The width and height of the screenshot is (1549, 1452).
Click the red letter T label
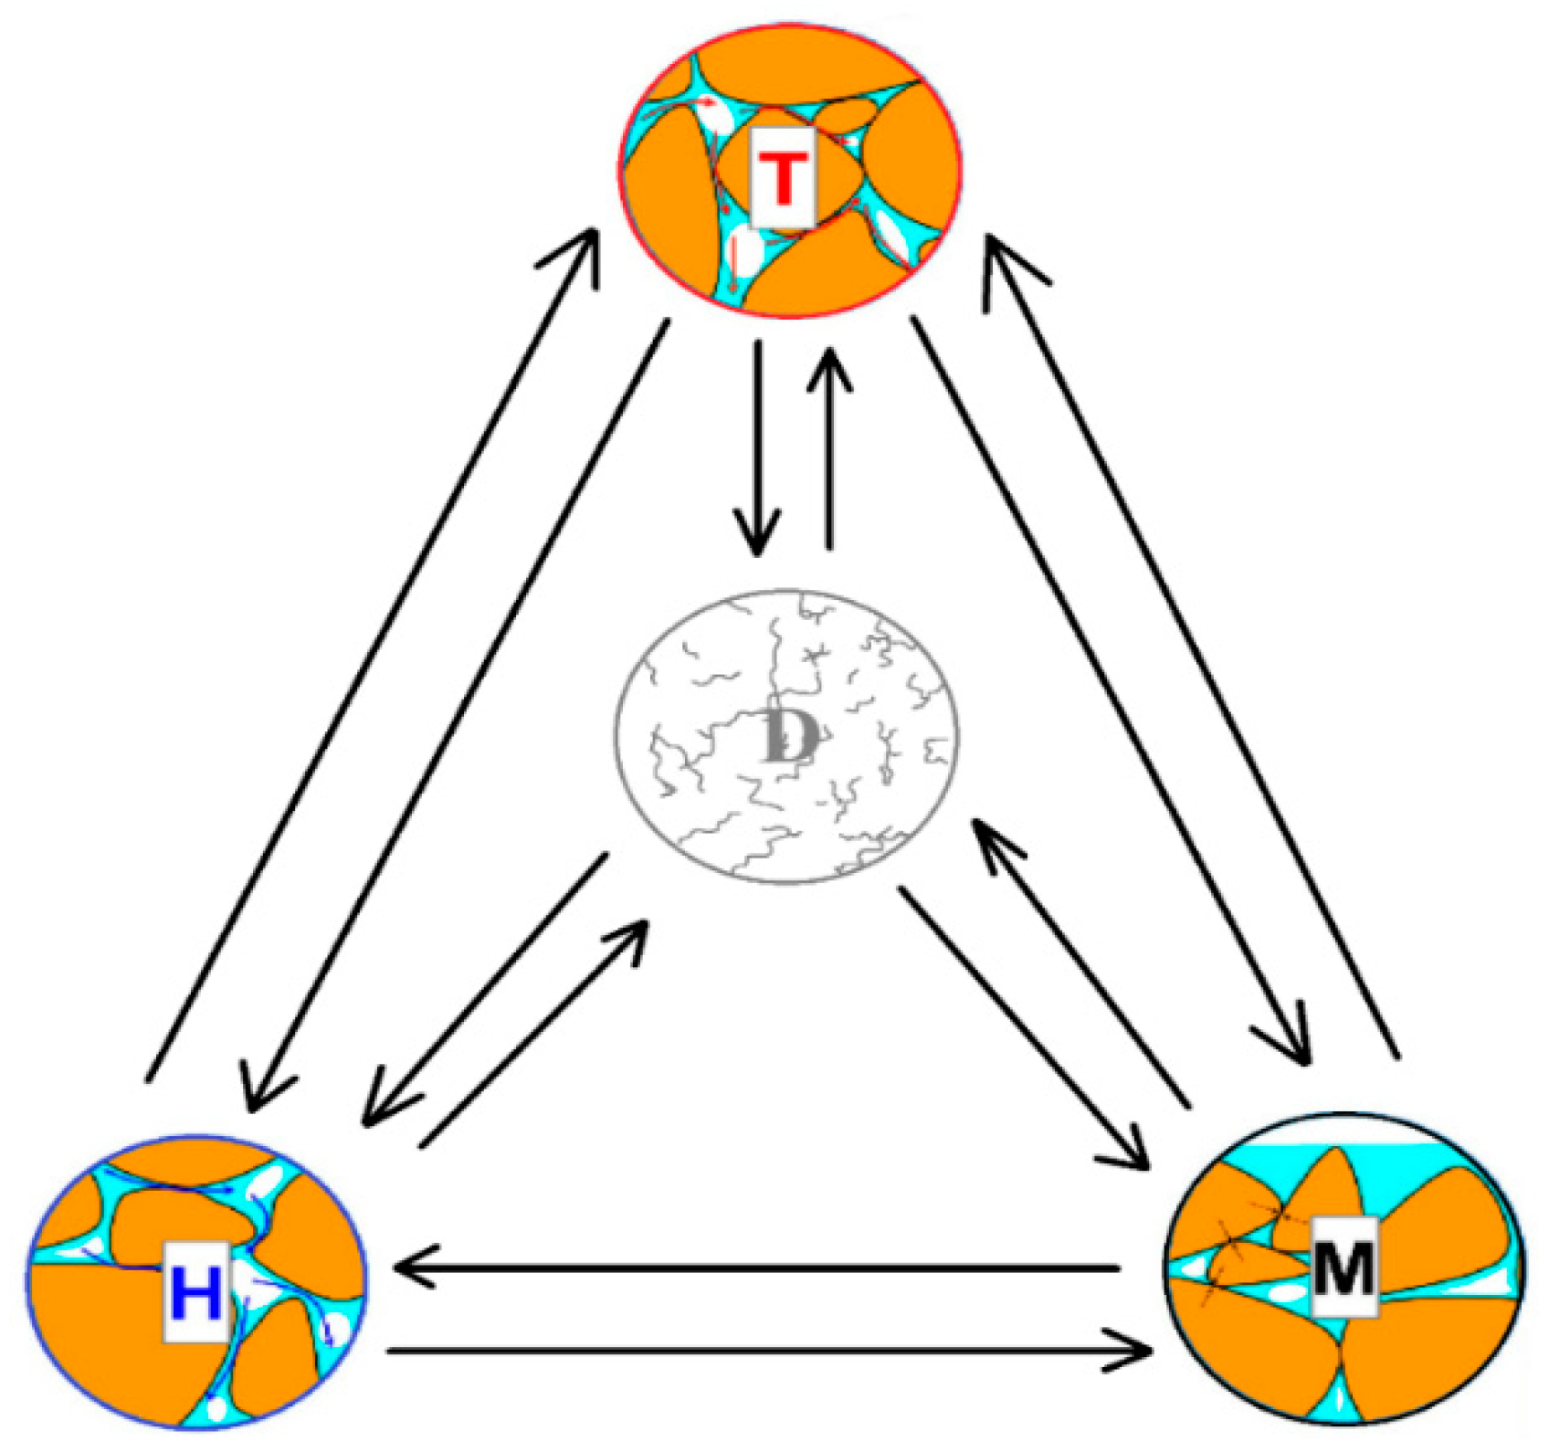point(782,180)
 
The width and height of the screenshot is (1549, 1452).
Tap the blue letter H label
point(196,1295)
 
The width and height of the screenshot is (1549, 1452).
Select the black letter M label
point(1344,1269)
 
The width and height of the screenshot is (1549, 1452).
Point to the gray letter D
point(787,736)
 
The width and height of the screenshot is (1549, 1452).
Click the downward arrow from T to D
point(756,447)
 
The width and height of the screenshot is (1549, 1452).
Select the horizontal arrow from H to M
point(767,1350)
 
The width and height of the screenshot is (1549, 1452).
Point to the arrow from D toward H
point(484,991)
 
